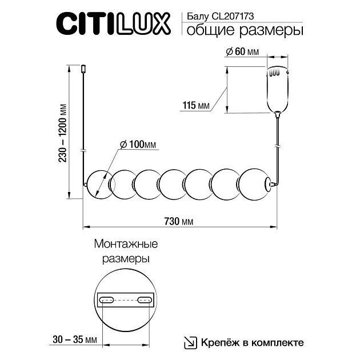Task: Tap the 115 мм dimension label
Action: [196, 105]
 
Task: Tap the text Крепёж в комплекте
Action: [252, 342]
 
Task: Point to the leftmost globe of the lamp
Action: [98, 185]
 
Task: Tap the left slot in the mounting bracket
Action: [107, 300]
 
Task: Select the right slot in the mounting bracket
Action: [143, 300]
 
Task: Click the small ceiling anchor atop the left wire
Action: [83, 69]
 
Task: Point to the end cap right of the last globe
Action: [269, 184]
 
